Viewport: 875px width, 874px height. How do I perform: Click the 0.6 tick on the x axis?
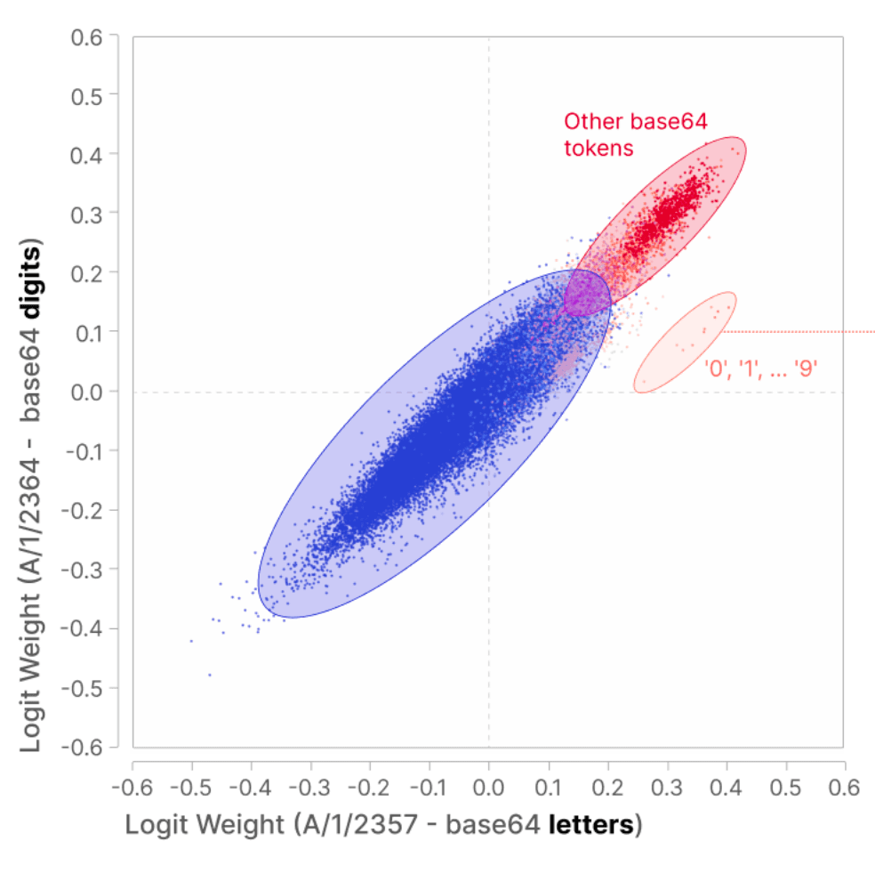[843, 788]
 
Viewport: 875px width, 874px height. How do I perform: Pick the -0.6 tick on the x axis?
[132, 788]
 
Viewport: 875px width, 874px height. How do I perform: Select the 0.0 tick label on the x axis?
[488, 788]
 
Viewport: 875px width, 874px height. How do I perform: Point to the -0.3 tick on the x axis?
[310, 788]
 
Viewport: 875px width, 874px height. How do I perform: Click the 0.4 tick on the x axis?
[725, 788]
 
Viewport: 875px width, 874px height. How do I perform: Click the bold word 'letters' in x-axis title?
[594, 825]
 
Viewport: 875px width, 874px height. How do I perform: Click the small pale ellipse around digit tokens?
[685, 342]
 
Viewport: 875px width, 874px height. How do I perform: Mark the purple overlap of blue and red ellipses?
[586, 293]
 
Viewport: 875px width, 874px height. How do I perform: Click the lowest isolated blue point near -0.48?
[210, 675]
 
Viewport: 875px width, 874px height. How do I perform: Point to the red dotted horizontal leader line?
[800, 332]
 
